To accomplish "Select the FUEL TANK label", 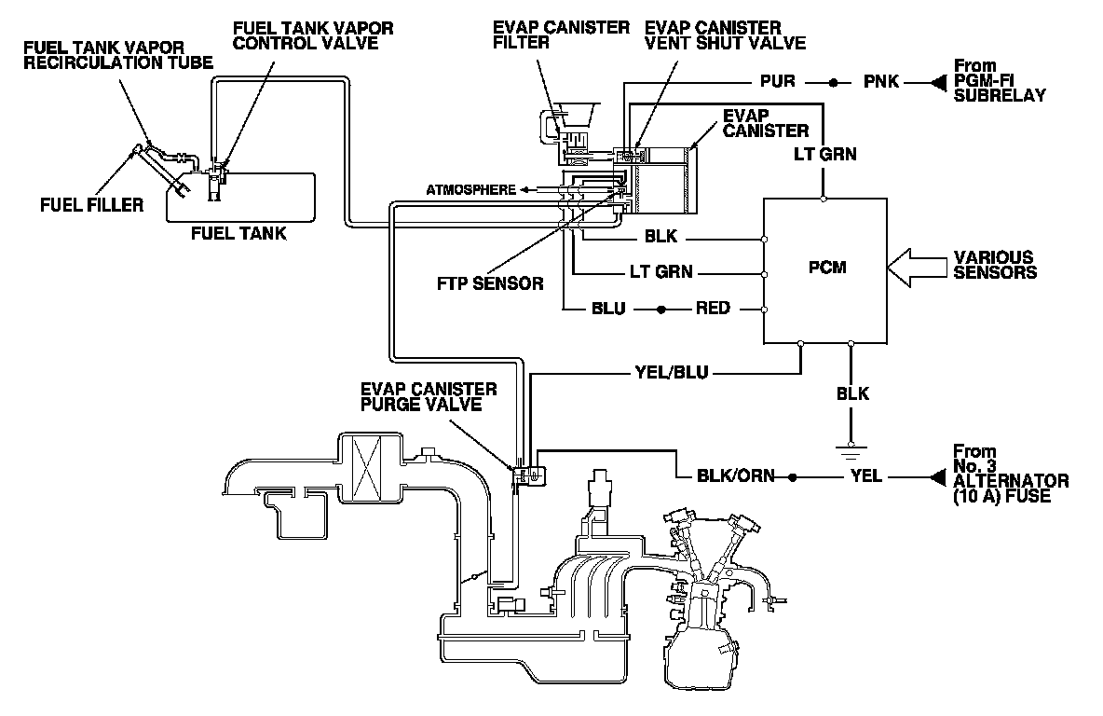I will tap(238, 233).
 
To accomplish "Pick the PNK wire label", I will tap(880, 81).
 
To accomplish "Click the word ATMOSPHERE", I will tap(470, 189).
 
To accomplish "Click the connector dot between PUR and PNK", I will tap(835, 82).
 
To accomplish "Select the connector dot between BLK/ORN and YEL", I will tap(793, 477).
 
